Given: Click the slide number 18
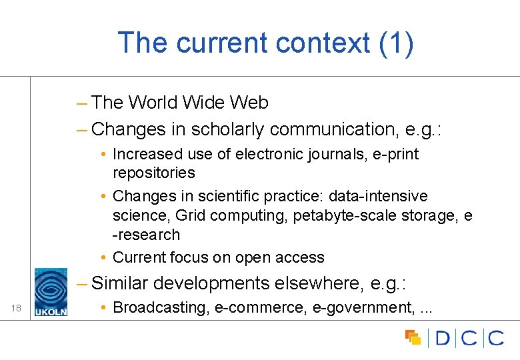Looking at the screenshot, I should pyautogui.click(x=16, y=307).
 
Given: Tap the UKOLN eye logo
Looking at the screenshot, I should pyautogui.click(x=51, y=288).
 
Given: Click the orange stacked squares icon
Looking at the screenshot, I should pyautogui.click(x=413, y=337).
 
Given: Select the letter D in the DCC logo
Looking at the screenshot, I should pyautogui.click(x=443, y=338).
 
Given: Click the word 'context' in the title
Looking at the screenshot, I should pyautogui.click(x=319, y=43).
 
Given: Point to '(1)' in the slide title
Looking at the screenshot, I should pyautogui.click(x=396, y=43).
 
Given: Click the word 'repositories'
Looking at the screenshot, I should pyautogui.click(x=154, y=173).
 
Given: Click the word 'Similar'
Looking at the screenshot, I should pyautogui.click(x=120, y=283).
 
